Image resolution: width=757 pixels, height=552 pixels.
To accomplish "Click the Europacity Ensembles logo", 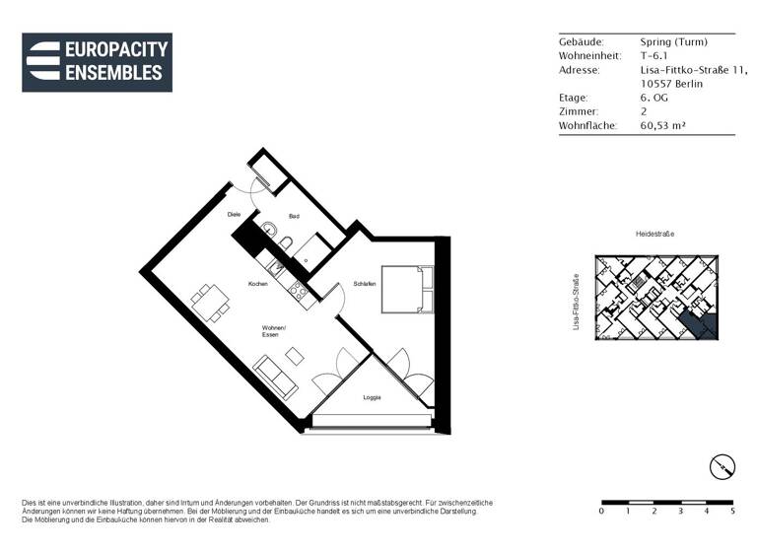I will click(x=97, y=62).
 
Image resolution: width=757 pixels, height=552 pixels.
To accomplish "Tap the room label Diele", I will click(x=234, y=214).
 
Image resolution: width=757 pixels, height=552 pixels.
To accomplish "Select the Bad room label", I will click(x=294, y=216).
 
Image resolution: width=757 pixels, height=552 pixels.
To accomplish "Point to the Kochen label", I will click(x=258, y=284).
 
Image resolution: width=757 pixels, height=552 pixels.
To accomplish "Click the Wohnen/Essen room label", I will click(x=273, y=331).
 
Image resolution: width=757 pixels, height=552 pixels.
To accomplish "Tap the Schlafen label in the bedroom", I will click(x=363, y=284).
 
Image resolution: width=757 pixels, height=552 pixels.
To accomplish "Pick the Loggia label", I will click(x=372, y=397).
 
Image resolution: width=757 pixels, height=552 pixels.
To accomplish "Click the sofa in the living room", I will click(x=275, y=377).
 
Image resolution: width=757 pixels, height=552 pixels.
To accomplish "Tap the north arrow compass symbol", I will click(x=723, y=466).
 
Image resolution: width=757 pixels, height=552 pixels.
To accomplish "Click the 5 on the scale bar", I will click(x=732, y=512).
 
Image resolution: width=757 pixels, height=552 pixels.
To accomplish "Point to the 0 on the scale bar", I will click(x=601, y=512).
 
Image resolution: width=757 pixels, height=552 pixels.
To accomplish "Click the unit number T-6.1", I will click(x=654, y=56).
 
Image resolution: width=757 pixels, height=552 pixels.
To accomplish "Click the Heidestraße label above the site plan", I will click(x=654, y=235).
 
